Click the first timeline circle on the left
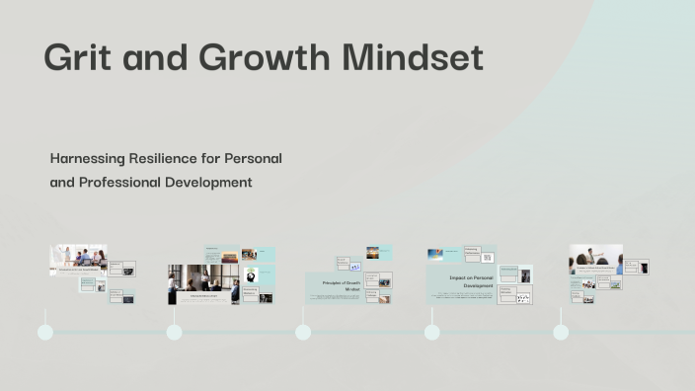pos(45,332)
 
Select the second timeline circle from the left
pos(175,332)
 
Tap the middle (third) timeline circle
pos(303,332)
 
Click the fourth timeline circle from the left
pos(431,332)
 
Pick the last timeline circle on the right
pos(561,332)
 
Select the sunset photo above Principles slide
pos(373,253)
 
